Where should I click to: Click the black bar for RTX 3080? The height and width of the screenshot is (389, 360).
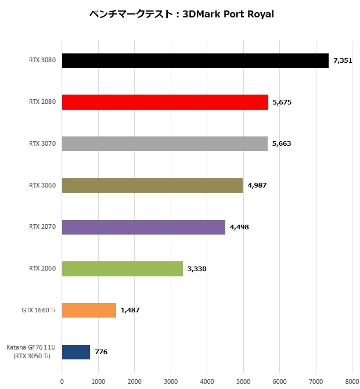click(x=195, y=60)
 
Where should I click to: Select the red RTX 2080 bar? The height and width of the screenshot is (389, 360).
click(x=165, y=102)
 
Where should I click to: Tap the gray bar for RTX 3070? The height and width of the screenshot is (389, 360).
click(x=165, y=143)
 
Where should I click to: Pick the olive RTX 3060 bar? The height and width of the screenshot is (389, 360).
click(x=152, y=185)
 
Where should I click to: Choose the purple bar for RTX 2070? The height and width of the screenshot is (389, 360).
click(x=143, y=227)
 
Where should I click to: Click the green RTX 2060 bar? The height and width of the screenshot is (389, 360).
click(x=123, y=268)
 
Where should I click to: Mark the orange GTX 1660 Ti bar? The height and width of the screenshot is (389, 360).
click(x=89, y=310)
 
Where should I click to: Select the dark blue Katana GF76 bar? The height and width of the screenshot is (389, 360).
click(x=76, y=352)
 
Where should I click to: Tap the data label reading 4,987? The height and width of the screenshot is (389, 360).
click(x=257, y=185)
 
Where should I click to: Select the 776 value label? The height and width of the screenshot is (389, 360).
click(x=101, y=352)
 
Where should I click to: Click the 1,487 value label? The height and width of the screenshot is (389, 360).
click(x=130, y=310)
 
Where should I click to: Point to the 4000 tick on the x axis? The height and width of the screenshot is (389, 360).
click(x=207, y=381)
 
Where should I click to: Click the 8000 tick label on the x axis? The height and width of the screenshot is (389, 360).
click(x=352, y=381)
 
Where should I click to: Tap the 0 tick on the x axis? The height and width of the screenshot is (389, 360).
click(x=62, y=381)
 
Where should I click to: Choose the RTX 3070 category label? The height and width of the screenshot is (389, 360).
click(x=42, y=143)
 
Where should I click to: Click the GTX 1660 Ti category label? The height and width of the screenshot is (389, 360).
click(x=38, y=310)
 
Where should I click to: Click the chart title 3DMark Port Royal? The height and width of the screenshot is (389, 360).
click(x=182, y=14)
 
